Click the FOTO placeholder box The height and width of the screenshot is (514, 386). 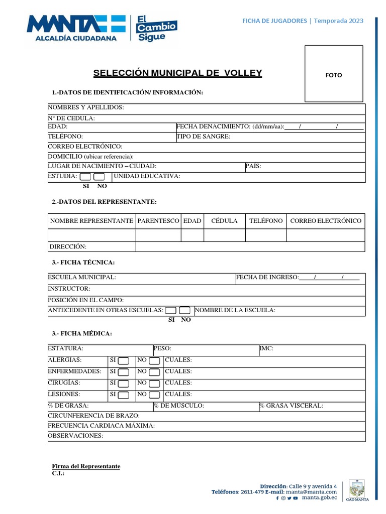point(334,74)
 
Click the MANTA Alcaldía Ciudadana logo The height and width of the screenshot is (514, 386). point(75,27)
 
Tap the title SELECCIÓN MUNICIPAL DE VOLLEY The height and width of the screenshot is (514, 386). point(178,73)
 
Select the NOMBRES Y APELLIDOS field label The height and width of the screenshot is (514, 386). point(86,107)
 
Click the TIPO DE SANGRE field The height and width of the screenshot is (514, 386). point(204,136)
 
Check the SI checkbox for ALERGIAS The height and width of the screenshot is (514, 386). point(124,360)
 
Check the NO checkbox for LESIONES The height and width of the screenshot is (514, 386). point(155,395)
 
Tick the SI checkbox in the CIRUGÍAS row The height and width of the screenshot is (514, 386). point(124,383)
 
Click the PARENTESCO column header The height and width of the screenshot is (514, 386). point(158,221)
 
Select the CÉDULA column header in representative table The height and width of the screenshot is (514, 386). point(224,221)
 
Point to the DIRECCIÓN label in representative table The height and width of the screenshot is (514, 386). point(68,246)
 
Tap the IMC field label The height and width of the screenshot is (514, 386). point(266,348)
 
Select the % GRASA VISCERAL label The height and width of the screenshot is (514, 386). point(292,406)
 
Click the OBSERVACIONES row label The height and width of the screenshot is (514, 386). point(75,436)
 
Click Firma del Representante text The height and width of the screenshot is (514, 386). point(86,466)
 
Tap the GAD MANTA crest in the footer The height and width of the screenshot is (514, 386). point(357,490)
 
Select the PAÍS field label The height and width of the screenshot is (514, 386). point(253,166)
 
